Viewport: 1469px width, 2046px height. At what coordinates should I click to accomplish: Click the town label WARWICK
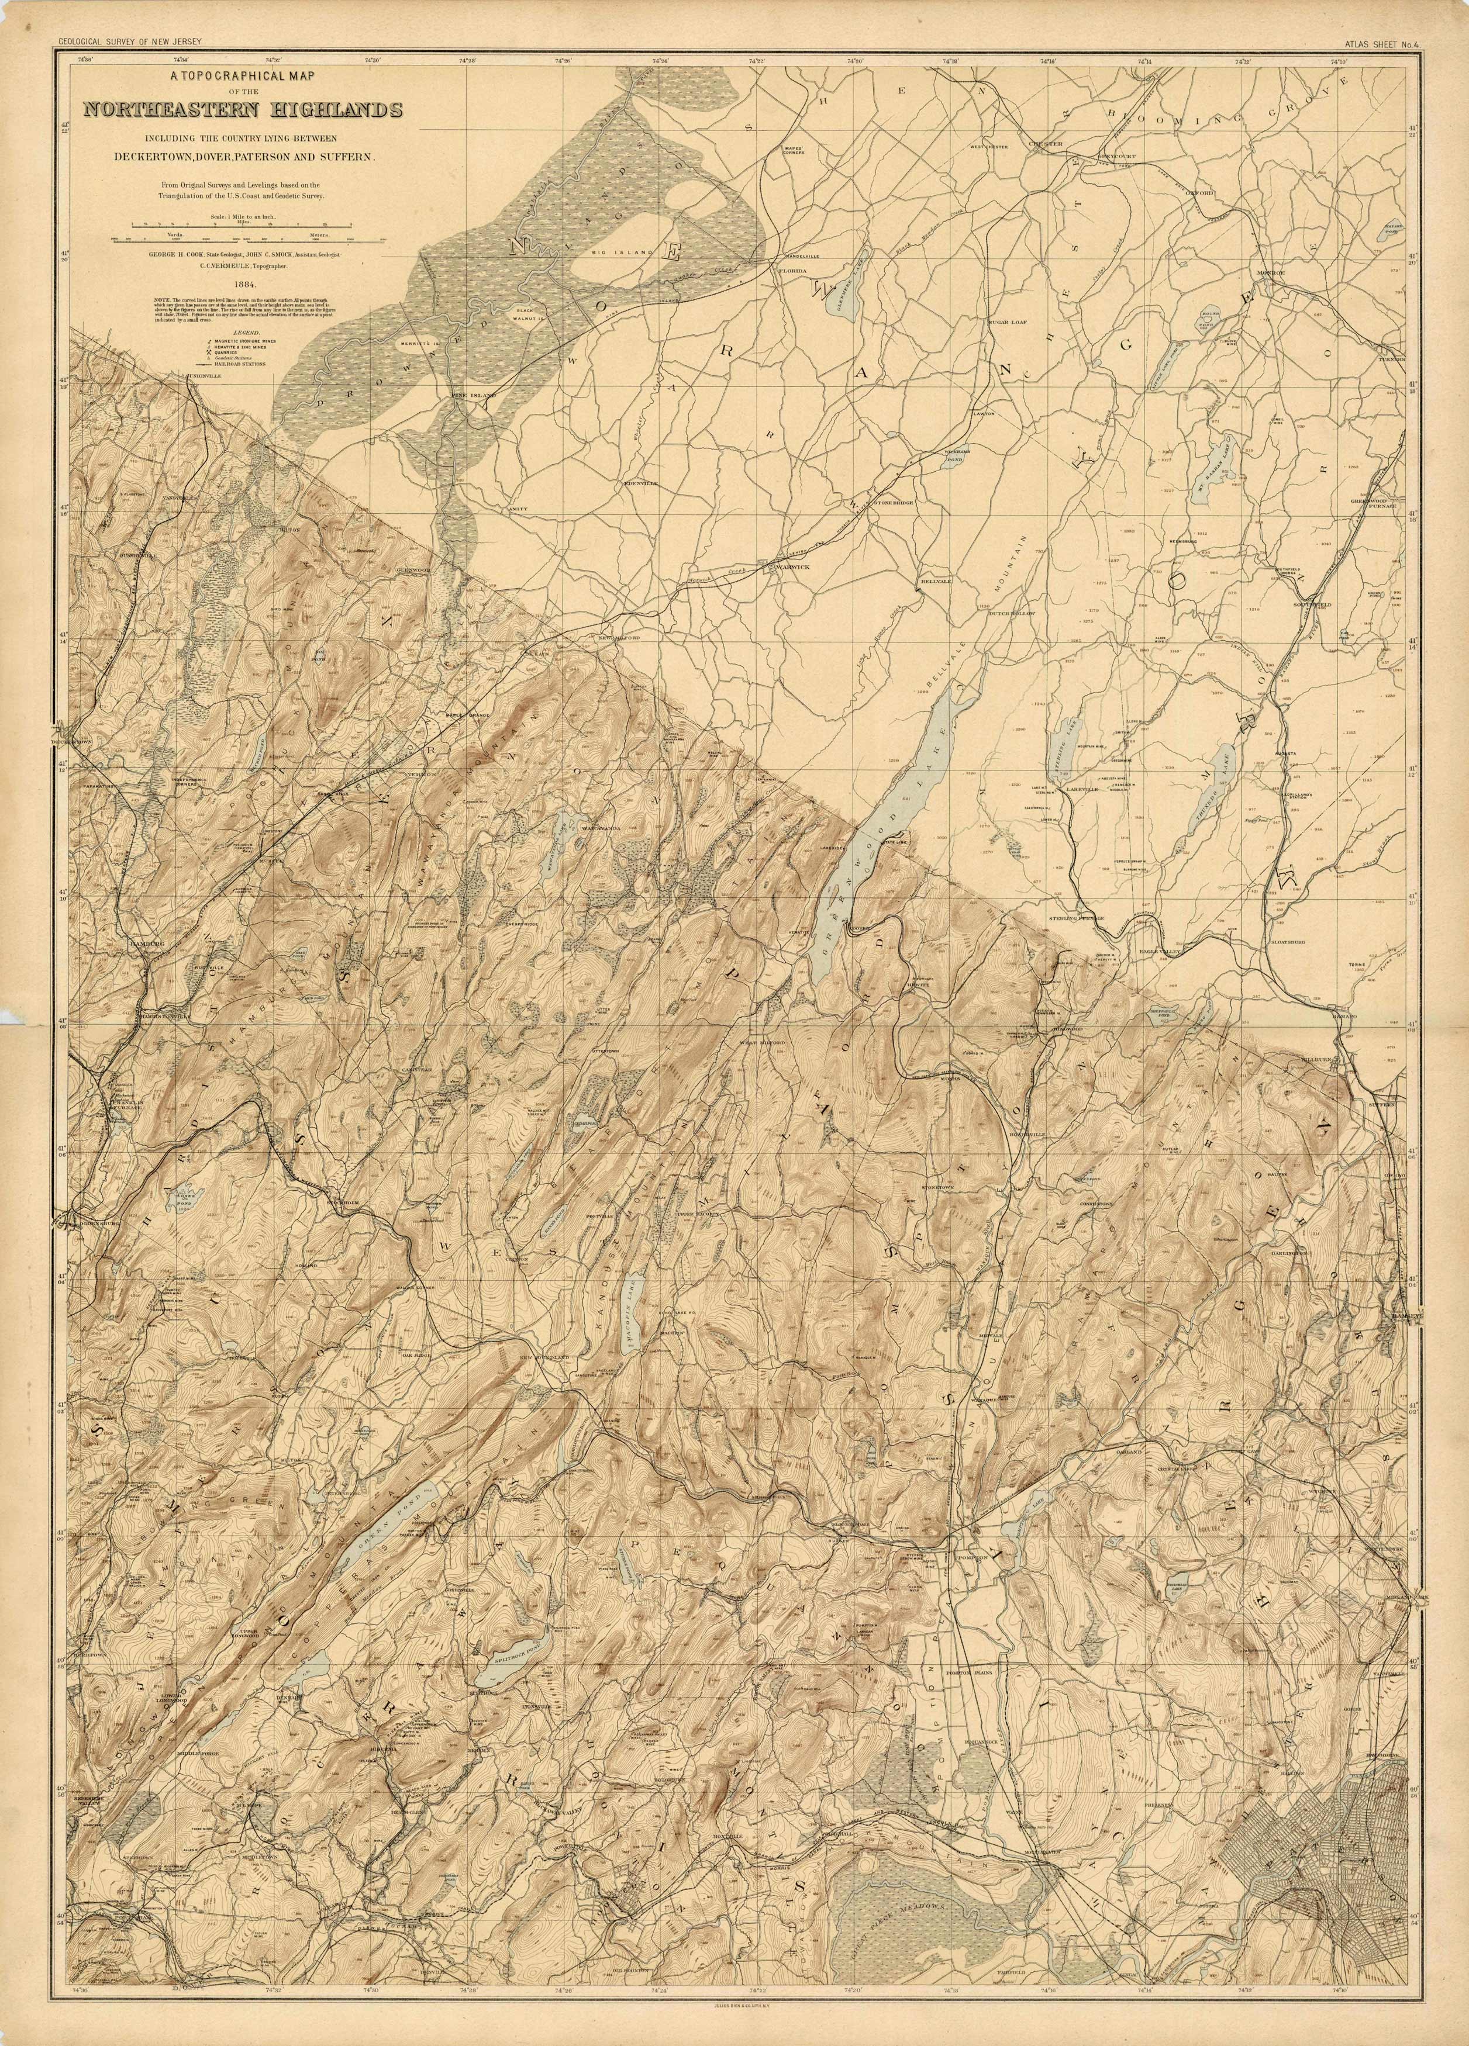(785, 568)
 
